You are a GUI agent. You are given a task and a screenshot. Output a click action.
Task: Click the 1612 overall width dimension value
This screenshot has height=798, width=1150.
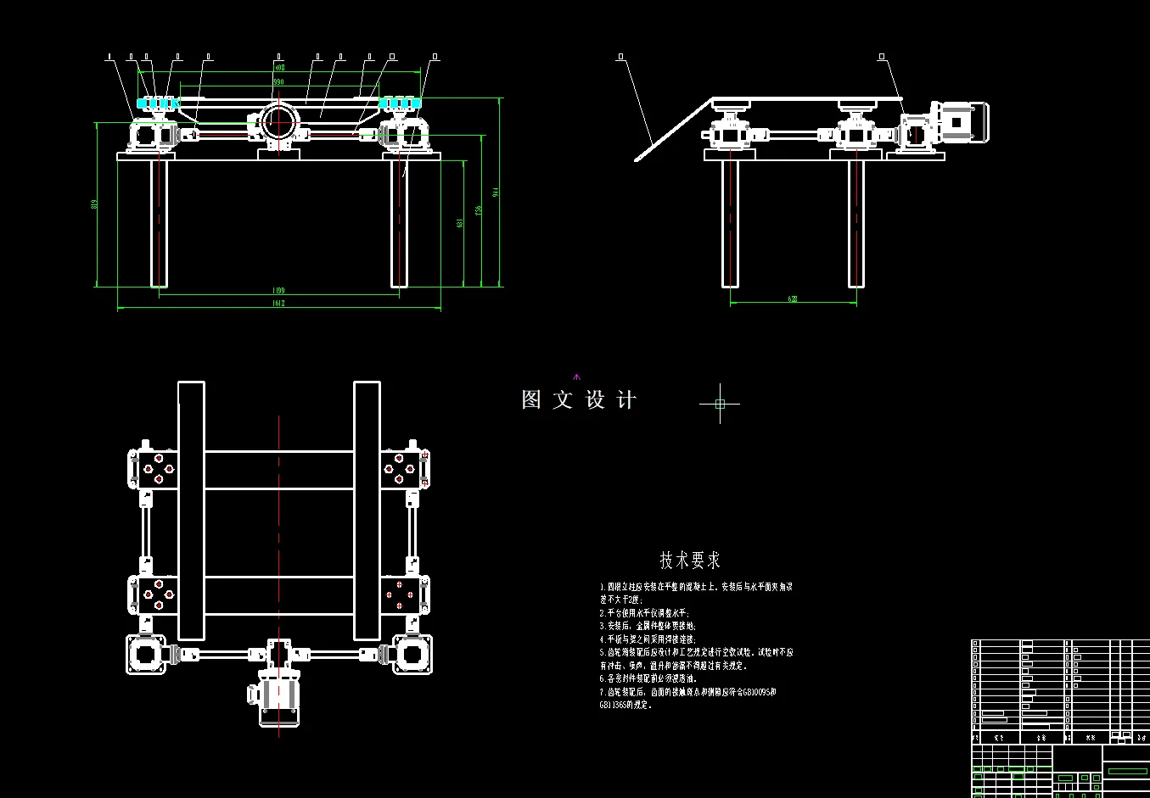pos(278,303)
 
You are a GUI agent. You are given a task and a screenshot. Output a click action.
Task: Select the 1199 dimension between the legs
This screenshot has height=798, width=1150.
pos(278,290)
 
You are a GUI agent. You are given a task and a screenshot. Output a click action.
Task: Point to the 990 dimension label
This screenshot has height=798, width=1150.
pos(278,81)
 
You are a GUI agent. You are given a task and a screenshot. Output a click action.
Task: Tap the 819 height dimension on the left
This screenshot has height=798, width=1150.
pos(94,204)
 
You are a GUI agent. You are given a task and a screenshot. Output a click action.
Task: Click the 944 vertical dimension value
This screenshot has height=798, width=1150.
pos(496,193)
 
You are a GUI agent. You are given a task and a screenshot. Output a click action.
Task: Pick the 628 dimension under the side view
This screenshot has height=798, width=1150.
pos(793,299)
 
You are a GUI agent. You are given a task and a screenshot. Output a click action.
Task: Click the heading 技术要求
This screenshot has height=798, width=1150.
pos(690,561)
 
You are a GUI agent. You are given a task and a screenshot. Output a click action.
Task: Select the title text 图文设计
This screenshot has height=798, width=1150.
pos(579,400)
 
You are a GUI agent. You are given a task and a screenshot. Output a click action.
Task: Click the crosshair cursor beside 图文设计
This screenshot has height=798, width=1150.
pos(720,404)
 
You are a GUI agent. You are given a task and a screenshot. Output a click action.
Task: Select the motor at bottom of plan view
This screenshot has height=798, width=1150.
pos(279,700)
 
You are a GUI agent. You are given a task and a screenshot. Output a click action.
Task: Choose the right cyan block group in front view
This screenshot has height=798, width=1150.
pos(399,103)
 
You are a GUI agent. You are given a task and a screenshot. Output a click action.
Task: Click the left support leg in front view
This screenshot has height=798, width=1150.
pos(159,223)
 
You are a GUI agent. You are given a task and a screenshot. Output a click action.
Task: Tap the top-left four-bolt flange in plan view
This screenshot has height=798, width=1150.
pos(158,469)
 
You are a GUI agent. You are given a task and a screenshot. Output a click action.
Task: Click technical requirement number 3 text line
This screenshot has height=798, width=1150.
pos(648,626)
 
